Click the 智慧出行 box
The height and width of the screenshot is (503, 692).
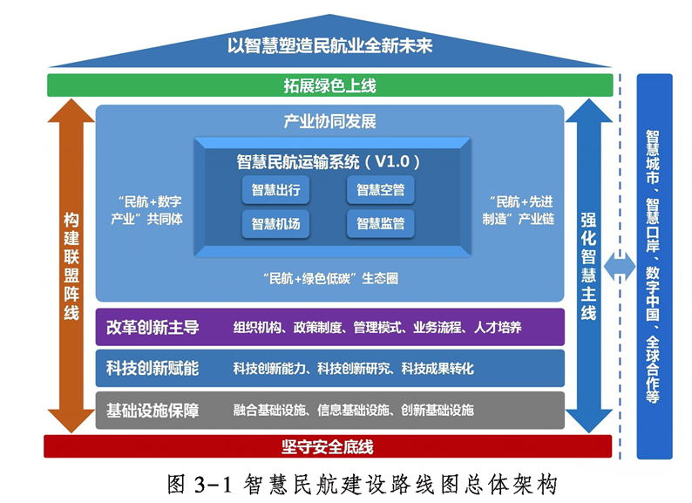click(275, 189)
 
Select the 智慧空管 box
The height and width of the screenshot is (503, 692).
click(380, 189)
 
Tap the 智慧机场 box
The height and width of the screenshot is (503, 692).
click(275, 224)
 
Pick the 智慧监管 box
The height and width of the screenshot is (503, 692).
click(380, 224)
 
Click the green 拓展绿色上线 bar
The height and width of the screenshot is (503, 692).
click(329, 85)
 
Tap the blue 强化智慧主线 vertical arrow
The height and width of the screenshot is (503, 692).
click(588, 266)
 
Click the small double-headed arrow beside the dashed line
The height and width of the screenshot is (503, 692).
click(621, 266)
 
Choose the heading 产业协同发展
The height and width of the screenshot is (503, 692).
click(329, 121)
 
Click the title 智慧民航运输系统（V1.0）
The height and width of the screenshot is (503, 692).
click(329, 161)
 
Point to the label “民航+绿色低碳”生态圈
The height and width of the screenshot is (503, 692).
click(329, 279)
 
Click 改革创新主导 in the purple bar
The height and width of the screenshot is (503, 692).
click(153, 328)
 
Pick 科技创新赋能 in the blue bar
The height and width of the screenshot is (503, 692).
click(153, 369)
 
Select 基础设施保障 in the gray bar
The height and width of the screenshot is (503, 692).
click(153, 410)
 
